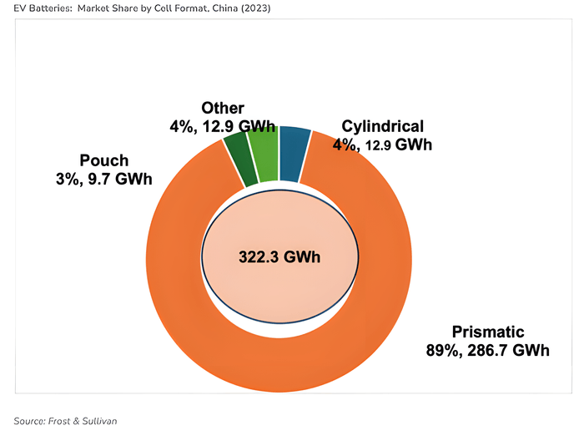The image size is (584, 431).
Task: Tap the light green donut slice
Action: tap(266, 154)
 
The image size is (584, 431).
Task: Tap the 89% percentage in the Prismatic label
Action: tap(443, 350)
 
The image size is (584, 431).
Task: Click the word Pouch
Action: tap(105, 160)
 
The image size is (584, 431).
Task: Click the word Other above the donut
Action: tap(223, 109)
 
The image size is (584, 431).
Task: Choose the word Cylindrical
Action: tap(383, 127)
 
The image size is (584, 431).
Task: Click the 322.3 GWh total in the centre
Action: tap(279, 256)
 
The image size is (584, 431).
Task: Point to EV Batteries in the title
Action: tap(33, 8)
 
